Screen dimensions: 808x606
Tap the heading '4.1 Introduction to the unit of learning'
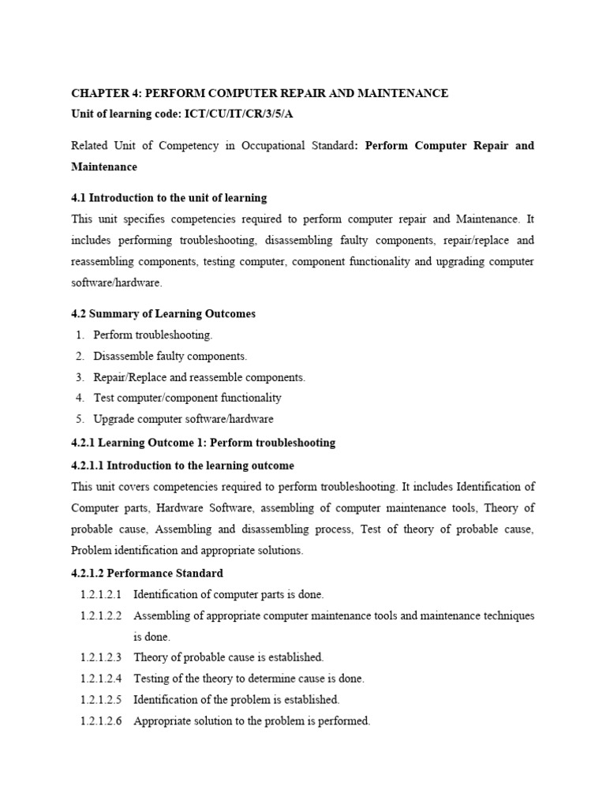pos(169,197)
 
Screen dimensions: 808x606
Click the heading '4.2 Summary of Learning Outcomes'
pos(163,313)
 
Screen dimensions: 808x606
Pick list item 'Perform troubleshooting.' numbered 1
pos(153,335)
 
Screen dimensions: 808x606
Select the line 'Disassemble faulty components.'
pos(170,356)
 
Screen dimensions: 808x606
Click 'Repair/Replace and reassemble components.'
pos(199,377)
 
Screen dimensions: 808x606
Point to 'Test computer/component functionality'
pos(187,398)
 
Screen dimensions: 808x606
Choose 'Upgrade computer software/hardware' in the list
pos(183,419)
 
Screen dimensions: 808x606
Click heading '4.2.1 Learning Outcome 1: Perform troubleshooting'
pos(203,443)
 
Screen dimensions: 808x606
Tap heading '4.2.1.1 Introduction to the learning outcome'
pos(182,466)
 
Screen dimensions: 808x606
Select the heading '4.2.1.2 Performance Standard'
pos(147,573)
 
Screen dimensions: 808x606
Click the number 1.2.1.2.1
pos(101,593)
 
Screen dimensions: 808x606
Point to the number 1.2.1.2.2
pos(101,615)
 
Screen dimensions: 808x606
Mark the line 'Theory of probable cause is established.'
pos(229,656)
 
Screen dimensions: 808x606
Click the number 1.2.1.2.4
pos(101,678)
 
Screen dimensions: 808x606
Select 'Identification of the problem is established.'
pos(237,699)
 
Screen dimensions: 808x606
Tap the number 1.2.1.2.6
pos(101,720)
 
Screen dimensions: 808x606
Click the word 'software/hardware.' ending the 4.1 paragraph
pos(117,282)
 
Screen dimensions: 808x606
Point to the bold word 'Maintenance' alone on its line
pos(104,166)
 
